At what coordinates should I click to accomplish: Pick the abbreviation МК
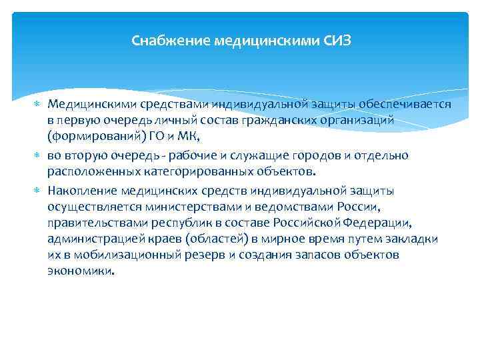click(189, 137)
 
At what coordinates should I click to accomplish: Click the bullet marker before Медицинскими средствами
click(37, 105)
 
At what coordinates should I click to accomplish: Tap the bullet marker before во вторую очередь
click(37, 156)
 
